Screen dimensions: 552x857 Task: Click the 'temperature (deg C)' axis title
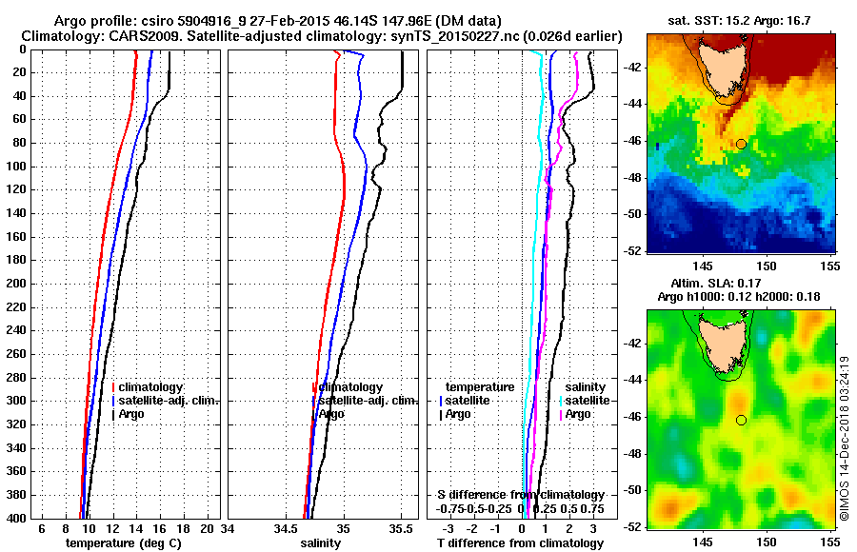tap(123, 543)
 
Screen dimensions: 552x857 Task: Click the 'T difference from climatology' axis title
tap(520, 543)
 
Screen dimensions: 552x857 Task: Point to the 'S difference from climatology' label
tap(520, 495)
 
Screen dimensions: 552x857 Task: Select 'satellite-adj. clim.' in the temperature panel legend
tap(169, 401)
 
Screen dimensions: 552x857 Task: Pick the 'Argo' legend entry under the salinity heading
tap(577, 414)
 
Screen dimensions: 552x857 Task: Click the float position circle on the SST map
tap(741, 144)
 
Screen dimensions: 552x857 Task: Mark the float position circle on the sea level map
tap(741, 420)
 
